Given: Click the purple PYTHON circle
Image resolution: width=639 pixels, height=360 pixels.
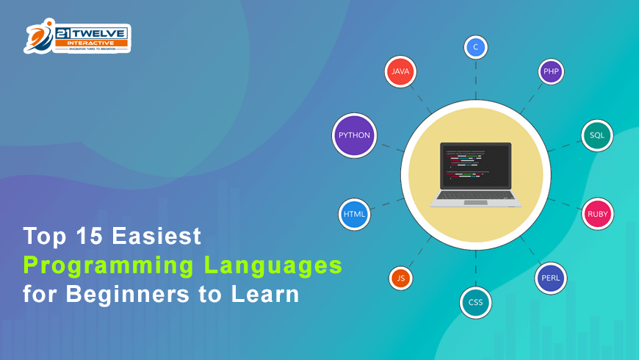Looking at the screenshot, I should (x=354, y=135).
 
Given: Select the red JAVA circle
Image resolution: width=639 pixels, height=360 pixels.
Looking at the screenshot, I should (x=400, y=71).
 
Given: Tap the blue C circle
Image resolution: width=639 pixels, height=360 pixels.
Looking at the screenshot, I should (x=475, y=47).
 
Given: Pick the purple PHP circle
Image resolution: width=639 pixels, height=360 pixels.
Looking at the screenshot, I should (x=551, y=71).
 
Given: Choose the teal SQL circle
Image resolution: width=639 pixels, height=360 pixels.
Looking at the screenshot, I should (x=597, y=135).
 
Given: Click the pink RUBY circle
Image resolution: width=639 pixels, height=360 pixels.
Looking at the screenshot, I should (x=597, y=214).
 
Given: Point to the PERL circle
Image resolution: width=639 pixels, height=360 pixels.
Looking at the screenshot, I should (x=551, y=278).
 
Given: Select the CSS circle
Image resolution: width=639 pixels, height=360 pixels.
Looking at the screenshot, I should (x=475, y=302).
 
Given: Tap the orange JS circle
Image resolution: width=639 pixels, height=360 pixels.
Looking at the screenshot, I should (x=400, y=278).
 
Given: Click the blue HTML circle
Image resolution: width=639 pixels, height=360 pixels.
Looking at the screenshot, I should (x=354, y=214).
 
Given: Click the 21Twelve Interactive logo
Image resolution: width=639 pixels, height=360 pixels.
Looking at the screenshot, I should (x=77, y=37).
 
